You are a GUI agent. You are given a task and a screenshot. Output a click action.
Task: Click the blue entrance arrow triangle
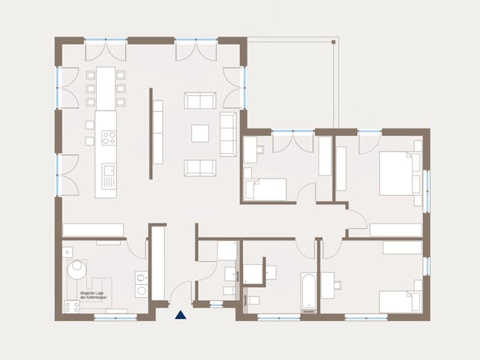(180, 315)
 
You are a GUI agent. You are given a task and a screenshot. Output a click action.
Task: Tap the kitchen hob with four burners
(109, 137)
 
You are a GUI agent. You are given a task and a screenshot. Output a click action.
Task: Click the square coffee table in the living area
(200, 133)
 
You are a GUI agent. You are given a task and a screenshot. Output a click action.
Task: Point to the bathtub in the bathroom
(309, 292)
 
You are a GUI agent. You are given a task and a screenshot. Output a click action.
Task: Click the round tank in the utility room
(77, 270)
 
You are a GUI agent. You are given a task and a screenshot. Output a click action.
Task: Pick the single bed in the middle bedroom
(266, 190)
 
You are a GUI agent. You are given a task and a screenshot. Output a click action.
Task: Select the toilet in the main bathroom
(252, 301)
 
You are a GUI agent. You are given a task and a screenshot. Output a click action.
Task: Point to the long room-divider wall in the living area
(151, 133)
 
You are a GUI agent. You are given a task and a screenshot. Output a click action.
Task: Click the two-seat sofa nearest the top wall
(200, 100)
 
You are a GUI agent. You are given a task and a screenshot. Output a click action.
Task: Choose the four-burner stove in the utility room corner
(72, 306)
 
